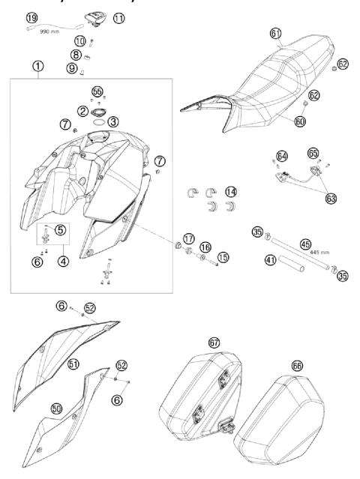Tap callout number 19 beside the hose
31,17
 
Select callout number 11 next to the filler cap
118,18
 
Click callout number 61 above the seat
275,33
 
